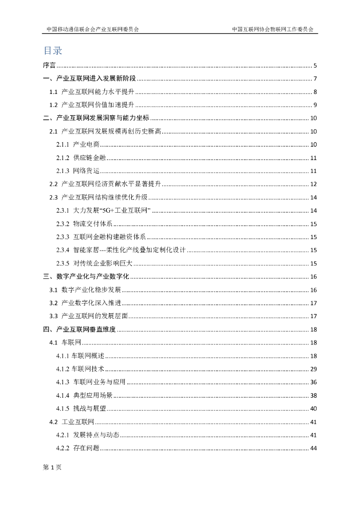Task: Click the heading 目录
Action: coord(53,51)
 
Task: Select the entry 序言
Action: coord(49,66)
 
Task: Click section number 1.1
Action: coord(54,92)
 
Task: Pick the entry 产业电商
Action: coord(86,145)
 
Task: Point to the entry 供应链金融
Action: coord(90,158)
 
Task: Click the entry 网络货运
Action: coord(86,171)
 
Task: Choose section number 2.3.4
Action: coord(62,250)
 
